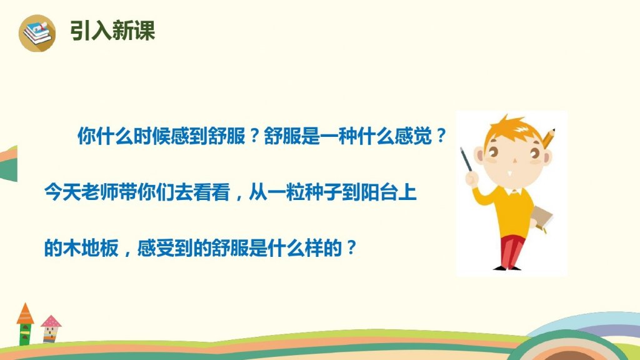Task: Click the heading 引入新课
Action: click(x=112, y=30)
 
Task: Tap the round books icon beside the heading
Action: click(x=37, y=33)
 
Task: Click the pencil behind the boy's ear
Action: click(x=548, y=138)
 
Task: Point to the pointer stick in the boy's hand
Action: click(x=466, y=159)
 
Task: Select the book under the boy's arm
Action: click(x=542, y=219)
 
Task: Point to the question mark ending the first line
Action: click(x=441, y=136)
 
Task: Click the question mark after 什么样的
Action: click(x=351, y=247)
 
